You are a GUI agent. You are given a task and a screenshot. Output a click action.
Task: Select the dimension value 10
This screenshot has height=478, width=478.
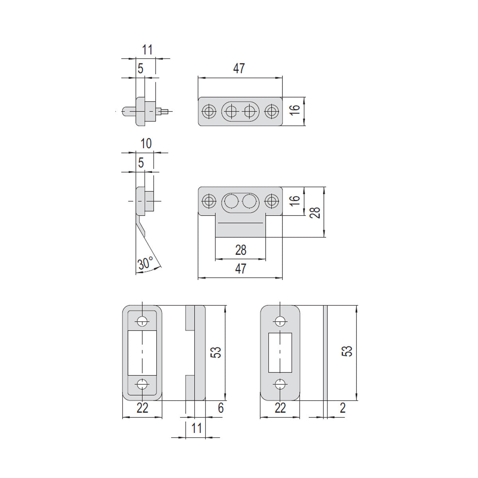coord(146,144)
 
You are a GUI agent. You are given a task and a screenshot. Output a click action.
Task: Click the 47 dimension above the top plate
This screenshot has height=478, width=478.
coord(239,68)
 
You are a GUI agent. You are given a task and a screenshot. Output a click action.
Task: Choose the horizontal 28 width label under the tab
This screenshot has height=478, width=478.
coord(241,250)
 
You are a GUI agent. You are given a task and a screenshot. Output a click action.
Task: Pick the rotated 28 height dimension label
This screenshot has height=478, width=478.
coord(315,212)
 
